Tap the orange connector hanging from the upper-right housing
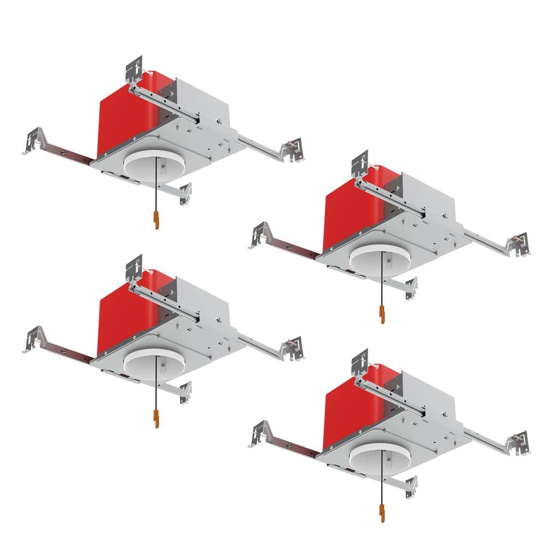point(382,315)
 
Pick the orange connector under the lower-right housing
point(382,514)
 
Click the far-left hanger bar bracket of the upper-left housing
point(34,140)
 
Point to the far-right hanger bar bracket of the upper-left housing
point(293,149)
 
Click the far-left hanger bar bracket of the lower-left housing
point(34,339)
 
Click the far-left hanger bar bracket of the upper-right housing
point(260,234)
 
